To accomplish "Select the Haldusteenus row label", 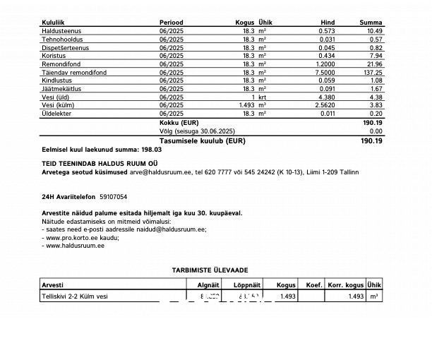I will pyautogui.click(x=61, y=31).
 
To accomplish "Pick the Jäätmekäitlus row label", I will pyautogui.click(x=61, y=88).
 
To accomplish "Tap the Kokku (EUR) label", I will pyautogui.click(x=179, y=122).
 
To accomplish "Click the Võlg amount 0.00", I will pyautogui.click(x=375, y=131).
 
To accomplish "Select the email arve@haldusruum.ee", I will pyautogui.click(x=160, y=172).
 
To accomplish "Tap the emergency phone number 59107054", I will pyautogui.click(x=114, y=196).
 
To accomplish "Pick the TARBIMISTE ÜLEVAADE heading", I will pyautogui.click(x=210, y=270).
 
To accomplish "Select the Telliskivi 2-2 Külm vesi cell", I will pyautogui.click(x=76, y=296).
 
